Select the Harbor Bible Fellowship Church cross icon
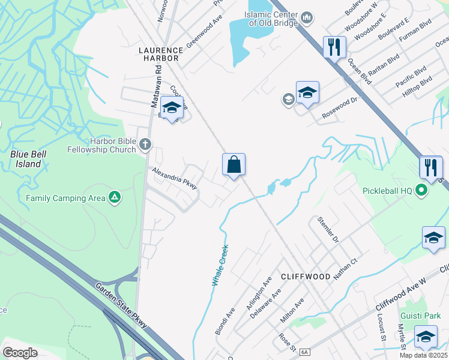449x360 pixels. coord(145,144)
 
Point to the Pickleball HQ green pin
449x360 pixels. coord(421,191)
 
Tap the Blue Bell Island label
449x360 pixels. coord(28,158)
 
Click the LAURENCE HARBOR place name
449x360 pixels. coord(160,54)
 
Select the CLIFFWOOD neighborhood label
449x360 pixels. coord(306,277)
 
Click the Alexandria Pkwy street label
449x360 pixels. coord(175,178)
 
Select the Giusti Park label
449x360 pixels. coord(417,316)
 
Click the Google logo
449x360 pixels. coord(20,353)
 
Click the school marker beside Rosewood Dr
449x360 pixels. coord(307,92)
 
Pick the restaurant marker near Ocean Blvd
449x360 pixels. coord(334,47)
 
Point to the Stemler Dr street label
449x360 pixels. coord(330,230)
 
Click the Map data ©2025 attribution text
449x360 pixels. coord(423,355)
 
